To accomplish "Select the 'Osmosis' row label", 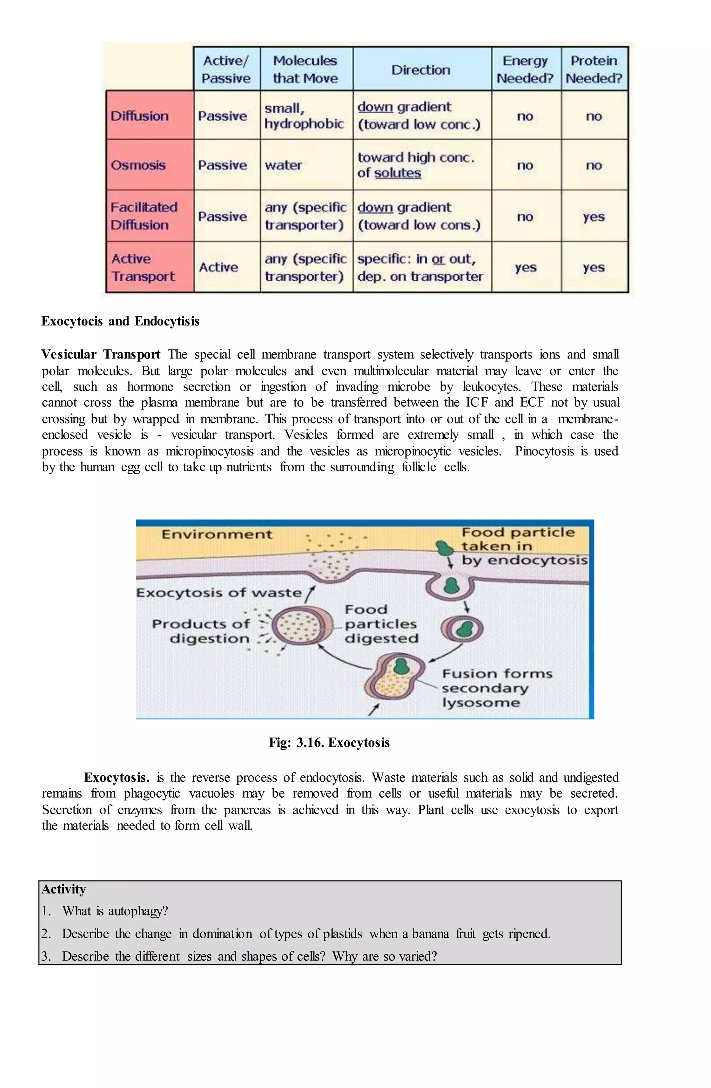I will pos(138,165).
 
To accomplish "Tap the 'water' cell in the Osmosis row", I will pos(283,165).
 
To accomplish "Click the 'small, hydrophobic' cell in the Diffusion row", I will pos(304,116).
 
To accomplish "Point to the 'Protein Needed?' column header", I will pos(594,69).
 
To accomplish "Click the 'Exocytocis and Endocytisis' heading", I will pos(120,321).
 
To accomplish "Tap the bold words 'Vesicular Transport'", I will pos(101,354).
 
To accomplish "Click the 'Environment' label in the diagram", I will pos(217,534).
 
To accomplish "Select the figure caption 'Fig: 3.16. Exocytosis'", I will pos(329,742).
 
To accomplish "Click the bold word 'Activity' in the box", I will pos(64,889).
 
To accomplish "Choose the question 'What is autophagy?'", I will pos(115,911).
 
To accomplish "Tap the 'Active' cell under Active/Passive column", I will pos(218,267).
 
